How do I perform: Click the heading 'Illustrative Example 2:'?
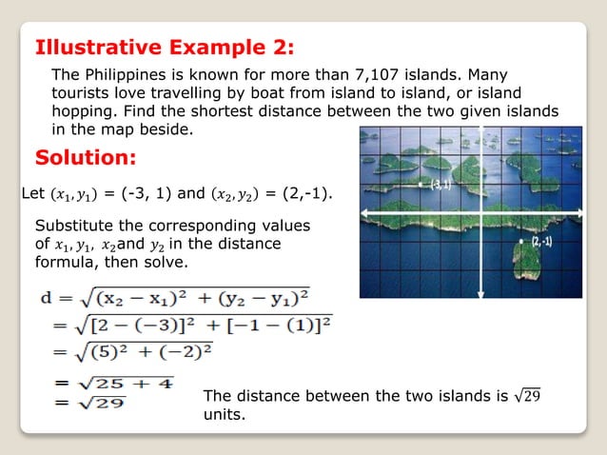(164, 48)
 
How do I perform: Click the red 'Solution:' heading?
(86, 156)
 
